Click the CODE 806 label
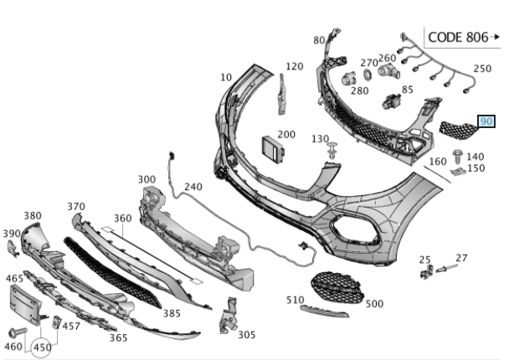(456, 37)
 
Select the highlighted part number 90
(486, 121)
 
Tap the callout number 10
(226, 77)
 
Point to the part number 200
(286, 134)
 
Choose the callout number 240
(193, 188)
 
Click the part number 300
(146, 179)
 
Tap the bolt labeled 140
(457, 155)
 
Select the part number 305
(246, 335)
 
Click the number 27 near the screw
(461, 258)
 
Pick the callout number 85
(408, 90)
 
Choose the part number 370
(76, 207)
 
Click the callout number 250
(483, 69)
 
